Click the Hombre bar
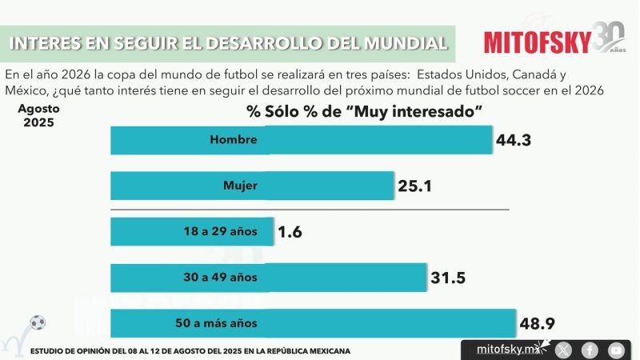click(x=301, y=140)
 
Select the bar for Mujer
click(x=252, y=186)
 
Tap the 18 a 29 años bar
click(x=192, y=232)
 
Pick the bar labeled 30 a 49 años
click(x=269, y=278)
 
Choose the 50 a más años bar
click(x=313, y=324)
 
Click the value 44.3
click(x=514, y=141)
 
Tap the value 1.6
click(x=290, y=233)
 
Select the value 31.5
click(x=448, y=278)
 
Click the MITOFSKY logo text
click(x=537, y=42)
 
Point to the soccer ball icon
click(x=38, y=322)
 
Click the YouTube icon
click(x=615, y=350)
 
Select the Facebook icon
click(x=589, y=350)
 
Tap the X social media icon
click(x=563, y=350)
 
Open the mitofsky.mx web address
click(x=506, y=350)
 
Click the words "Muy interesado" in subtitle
click(x=426, y=111)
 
